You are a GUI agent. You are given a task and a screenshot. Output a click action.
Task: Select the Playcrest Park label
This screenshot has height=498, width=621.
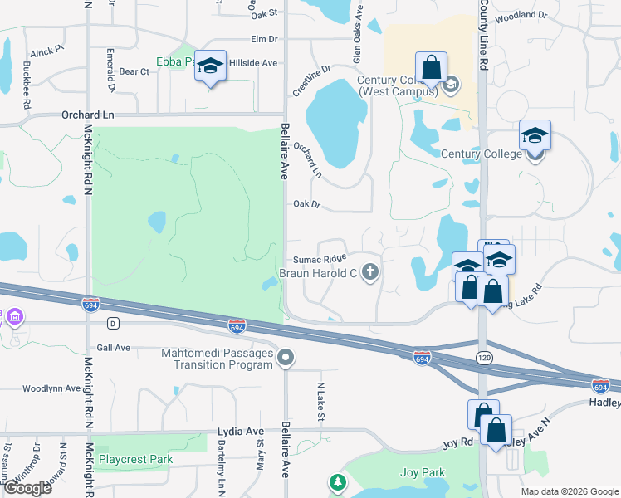click(135, 459)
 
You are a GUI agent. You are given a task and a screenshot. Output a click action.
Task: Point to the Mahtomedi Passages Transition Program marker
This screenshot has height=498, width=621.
click(286, 358)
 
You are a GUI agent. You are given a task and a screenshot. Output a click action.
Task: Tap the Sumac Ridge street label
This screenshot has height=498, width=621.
click(319, 259)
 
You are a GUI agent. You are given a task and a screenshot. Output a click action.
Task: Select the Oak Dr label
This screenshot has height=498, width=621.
click(306, 204)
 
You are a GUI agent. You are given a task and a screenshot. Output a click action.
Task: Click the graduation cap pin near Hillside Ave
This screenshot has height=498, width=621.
click(211, 66)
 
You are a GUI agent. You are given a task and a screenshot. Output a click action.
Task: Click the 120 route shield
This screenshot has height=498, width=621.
click(482, 358)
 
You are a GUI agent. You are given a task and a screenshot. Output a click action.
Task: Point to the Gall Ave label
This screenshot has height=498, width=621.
click(114, 348)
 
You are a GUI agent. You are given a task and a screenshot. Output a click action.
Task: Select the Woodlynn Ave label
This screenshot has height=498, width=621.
click(51, 388)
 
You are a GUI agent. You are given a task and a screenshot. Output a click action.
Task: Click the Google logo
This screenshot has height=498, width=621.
click(27, 488)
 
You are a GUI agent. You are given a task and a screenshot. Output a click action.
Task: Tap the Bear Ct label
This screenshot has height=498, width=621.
click(134, 72)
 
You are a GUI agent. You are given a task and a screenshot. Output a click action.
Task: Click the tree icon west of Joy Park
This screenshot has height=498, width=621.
click(337, 482)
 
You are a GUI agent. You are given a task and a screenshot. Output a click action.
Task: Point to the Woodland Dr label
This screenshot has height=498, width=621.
click(520, 16)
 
